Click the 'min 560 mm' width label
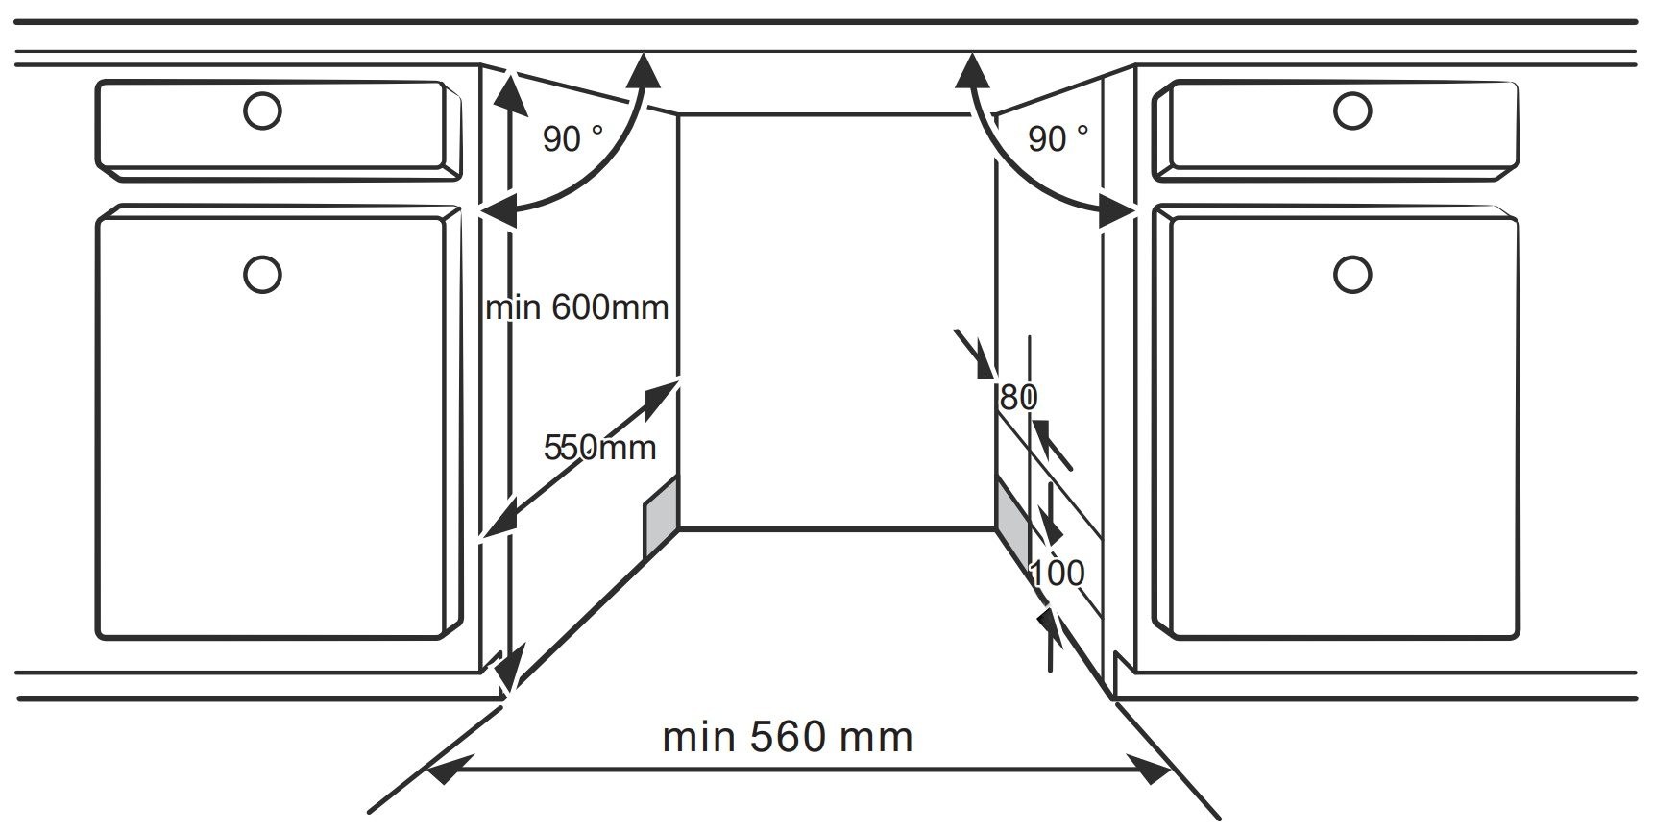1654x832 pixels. [788, 737]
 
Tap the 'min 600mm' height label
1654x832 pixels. [577, 307]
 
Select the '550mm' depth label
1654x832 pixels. [600, 447]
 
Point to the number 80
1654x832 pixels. [1019, 397]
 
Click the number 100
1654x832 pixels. [1058, 574]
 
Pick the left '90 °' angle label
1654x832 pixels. [573, 139]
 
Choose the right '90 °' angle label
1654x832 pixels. [1058, 139]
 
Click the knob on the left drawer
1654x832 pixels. [262, 110]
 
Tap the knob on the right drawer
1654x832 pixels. [1352, 110]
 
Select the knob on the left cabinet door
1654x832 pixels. [262, 275]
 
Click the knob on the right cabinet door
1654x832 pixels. [1352, 275]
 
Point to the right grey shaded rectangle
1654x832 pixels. [1014, 520]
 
